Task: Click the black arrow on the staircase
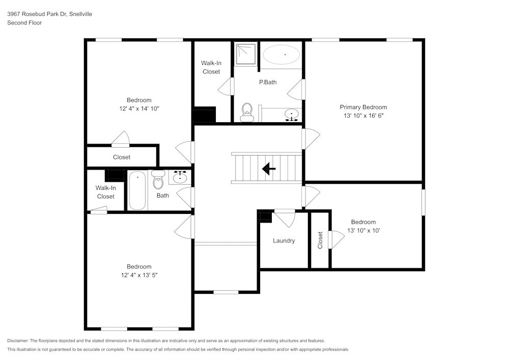click(x=268, y=169)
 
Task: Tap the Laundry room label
click(x=284, y=241)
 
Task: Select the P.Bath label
click(x=268, y=82)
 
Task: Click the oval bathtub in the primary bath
click(x=281, y=54)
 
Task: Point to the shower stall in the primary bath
click(x=246, y=54)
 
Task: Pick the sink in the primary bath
click(x=292, y=114)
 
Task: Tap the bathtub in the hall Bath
click(x=137, y=190)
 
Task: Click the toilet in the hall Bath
click(x=158, y=178)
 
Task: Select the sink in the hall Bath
click(x=180, y=177)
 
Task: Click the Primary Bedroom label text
click(x=363, y=107)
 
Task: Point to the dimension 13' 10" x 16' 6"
click(x=363, y=116)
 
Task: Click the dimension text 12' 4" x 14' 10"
click(x=139, y=108)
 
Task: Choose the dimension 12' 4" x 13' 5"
click(x=139, y=275)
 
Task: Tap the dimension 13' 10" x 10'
click(x=363, y=230)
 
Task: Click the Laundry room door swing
click(x=285, y=218)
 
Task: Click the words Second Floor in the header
click(x=24, y=23)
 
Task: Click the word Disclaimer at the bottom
click(x=18, y=341)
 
